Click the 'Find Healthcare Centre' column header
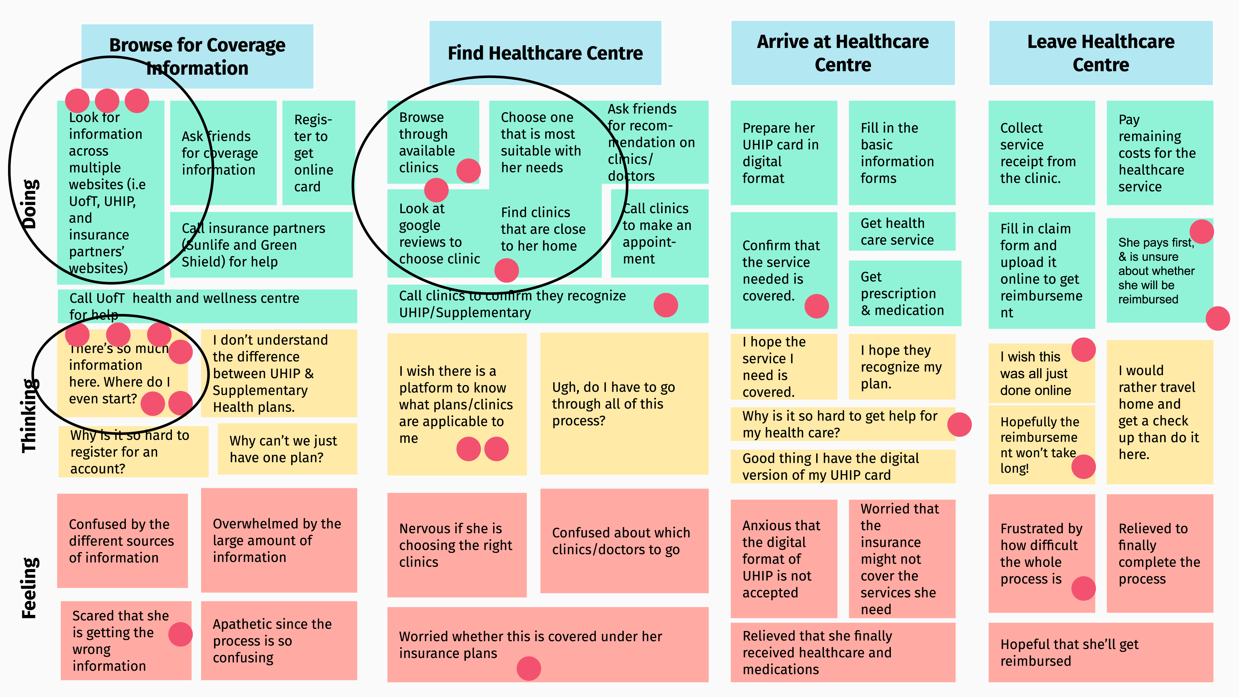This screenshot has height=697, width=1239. (545, 53)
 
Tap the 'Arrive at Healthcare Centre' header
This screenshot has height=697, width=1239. (843, 53)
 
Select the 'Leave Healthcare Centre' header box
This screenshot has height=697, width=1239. (1101, 53)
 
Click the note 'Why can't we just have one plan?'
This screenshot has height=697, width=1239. (287, 449)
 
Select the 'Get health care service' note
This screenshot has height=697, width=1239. (901, 231)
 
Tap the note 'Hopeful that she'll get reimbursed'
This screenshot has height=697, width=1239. (1101, 652)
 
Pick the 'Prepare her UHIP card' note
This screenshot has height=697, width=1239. (784, 153)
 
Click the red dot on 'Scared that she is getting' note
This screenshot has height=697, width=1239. (180, 634)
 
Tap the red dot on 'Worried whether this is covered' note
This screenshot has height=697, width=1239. (529, 668)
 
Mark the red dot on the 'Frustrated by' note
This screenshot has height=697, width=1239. (1083, 588)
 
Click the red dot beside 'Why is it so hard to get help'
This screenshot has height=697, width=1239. (959, 424)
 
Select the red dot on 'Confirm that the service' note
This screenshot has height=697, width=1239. (816, 306)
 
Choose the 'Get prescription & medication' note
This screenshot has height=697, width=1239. (904, 293)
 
